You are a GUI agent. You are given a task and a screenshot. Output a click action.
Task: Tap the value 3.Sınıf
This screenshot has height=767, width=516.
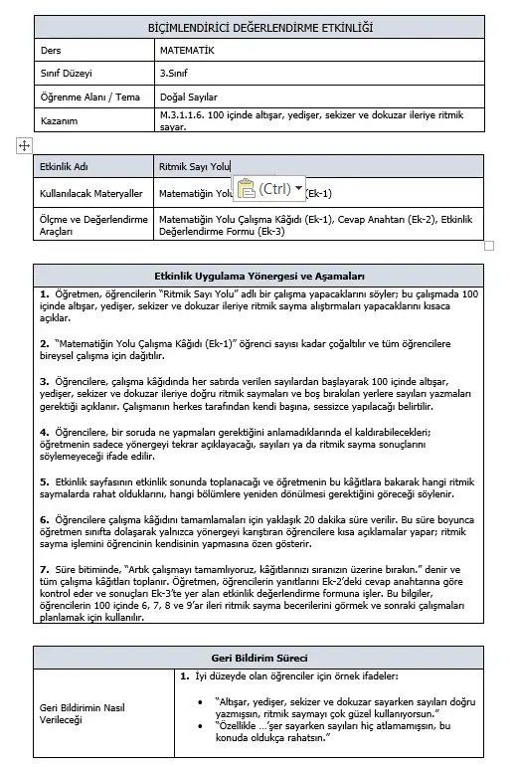pos(177,74)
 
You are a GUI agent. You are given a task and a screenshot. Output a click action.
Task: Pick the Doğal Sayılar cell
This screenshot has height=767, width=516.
pos(188,97)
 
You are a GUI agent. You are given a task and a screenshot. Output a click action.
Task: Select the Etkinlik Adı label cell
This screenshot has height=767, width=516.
pos(65,167)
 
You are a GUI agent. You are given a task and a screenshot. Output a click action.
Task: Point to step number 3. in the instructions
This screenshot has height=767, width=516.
pos(45,380)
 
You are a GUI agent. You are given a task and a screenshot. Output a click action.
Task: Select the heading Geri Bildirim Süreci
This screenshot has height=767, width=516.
pos(259,659)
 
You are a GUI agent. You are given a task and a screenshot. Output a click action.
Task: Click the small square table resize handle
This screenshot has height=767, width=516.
pos(488,245)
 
